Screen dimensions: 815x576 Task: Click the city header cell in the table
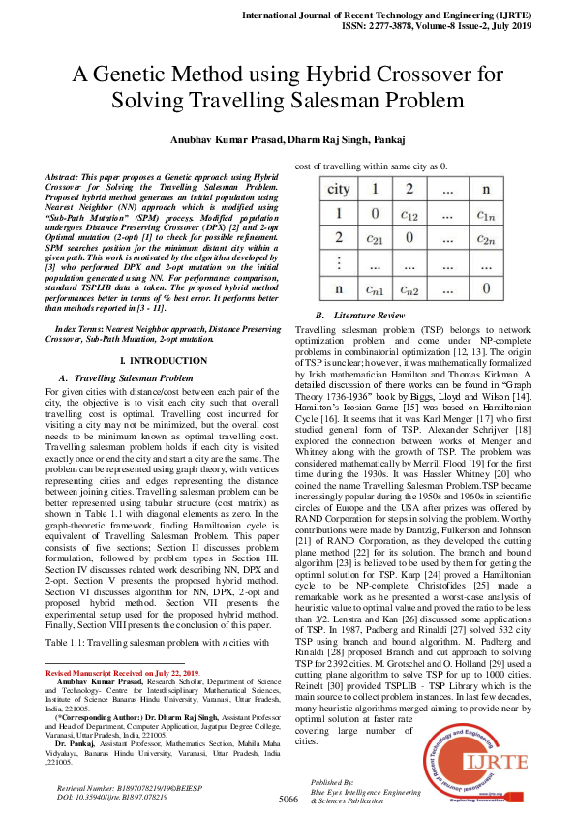pos(339,190)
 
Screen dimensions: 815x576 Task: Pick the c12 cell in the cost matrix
pos(409,215)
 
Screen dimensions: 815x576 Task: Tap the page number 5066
pos(288,800)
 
